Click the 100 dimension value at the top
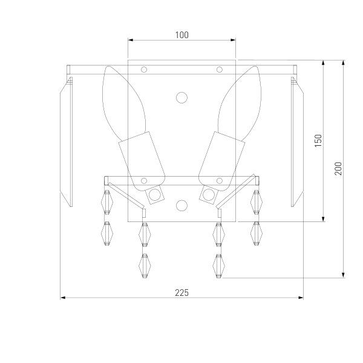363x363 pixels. pos(181,35)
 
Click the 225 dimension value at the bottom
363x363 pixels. pos(181,293)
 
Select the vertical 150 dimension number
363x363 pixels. pos(318,140)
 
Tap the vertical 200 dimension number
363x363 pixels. pos(338,169)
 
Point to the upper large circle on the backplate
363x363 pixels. pos(181,97)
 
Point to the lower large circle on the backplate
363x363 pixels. pos(181,205)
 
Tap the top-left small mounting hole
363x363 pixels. pos(144,70)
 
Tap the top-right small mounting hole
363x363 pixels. pos(220,70)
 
